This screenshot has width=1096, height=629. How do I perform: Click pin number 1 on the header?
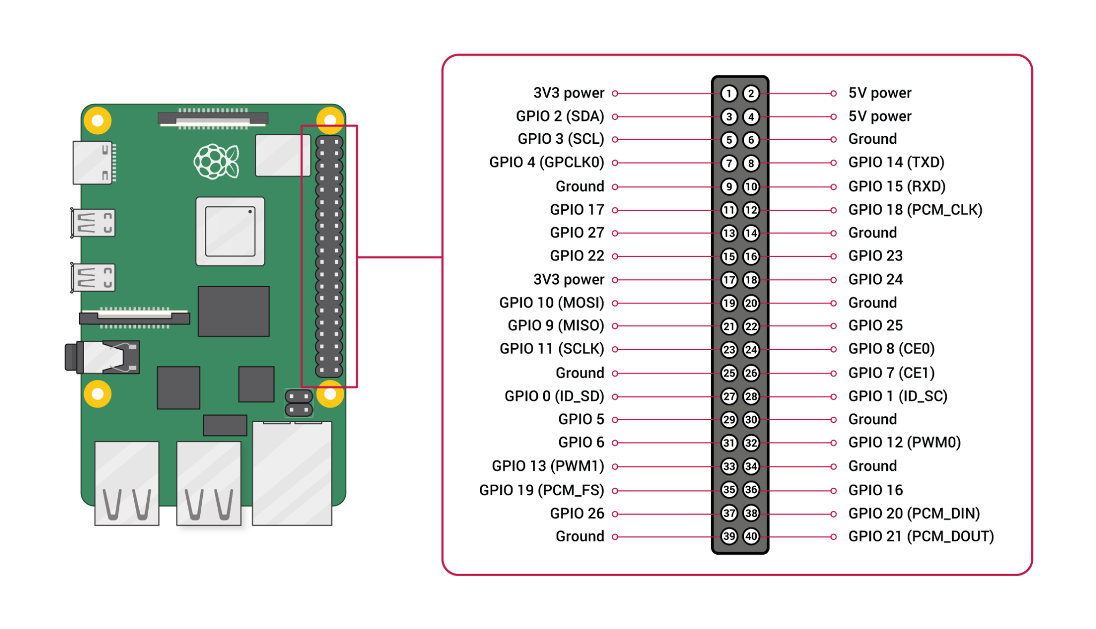point(728,94)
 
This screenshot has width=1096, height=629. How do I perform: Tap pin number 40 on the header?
point(751,536)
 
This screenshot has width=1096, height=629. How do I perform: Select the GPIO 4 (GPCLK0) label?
point(546,163)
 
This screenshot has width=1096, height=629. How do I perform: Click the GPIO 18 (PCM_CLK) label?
point(915,210)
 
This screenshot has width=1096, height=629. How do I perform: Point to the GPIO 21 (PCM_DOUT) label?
point(921,536)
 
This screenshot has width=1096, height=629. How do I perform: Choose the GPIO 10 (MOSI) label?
point(551,303)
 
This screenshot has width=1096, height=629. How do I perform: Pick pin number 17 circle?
point(729,280)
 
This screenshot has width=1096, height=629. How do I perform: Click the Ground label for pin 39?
point(580,536)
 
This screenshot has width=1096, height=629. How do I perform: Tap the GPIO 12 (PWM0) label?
point(904,443)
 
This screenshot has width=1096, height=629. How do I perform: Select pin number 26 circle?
point(751,373)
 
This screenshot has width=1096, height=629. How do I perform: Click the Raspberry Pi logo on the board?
point(216,162)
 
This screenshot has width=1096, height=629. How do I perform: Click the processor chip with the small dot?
point(230,232)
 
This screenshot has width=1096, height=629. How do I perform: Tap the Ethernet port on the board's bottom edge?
point(292,473)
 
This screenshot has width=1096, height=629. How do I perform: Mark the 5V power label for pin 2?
point(880,94)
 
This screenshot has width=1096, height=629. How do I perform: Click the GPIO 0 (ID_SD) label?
point(554,396)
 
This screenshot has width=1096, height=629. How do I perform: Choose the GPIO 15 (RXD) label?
point(897,187)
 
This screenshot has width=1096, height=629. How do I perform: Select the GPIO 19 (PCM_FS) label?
point(541,490)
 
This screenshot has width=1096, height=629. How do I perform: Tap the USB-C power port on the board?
point(93,163)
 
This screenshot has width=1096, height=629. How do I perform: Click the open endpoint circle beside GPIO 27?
point(615,233)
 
